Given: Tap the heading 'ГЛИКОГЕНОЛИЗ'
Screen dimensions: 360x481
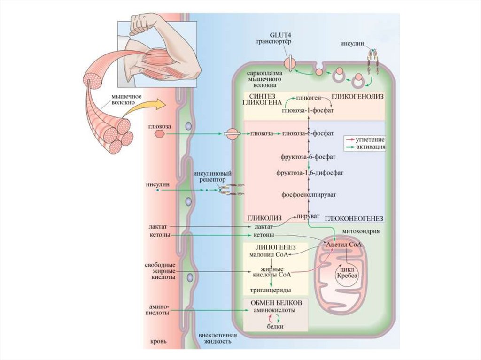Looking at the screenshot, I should [358, 96].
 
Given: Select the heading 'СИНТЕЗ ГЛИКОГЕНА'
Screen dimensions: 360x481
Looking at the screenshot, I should [262, 99].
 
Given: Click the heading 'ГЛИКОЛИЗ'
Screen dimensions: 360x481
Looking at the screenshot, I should [264, 219].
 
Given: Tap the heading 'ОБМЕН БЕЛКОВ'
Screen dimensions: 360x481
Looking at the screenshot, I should [275, 303].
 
